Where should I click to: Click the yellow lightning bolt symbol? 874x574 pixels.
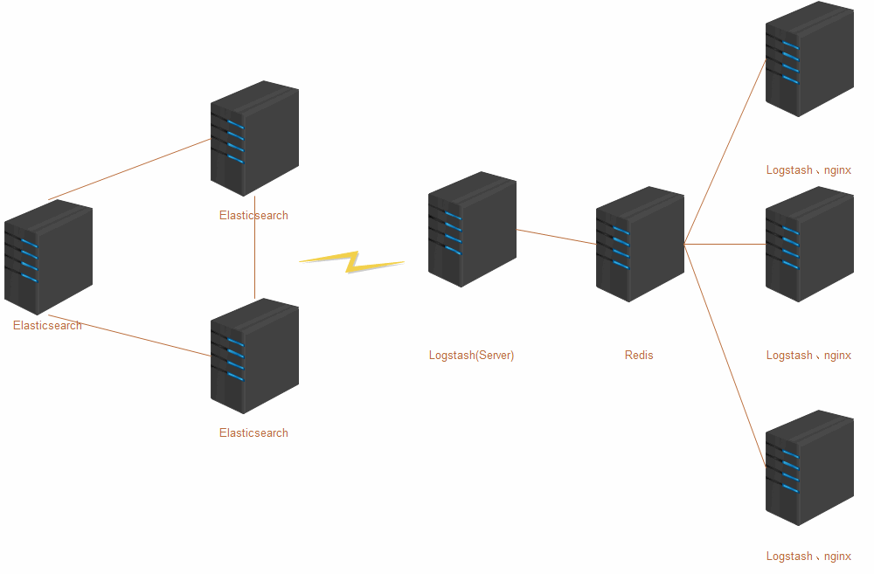[x=352, y=261]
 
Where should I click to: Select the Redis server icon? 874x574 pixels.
[x=640, y=244]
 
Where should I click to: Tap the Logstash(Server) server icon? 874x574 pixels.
[x=472, y=229]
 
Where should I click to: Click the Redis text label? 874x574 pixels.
[x=639, y=356]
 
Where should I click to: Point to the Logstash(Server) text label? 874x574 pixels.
[x=471, y=356]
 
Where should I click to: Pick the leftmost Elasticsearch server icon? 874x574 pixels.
[x=48, y=257]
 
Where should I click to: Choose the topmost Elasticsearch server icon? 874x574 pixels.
[x=254, y=138]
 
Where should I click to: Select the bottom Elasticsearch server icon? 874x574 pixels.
[x=254, y=356]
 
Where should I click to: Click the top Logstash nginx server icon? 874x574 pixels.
[x=809, y=59]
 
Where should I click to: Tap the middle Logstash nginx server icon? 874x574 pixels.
[x=809, y=244]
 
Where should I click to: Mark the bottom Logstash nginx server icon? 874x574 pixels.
[x=809, y=467]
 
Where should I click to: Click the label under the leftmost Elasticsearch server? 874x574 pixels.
[x=47, y=326]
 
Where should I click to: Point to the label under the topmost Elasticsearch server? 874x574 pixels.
[x=253, y=216]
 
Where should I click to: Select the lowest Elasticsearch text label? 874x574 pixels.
[x=253, y=433]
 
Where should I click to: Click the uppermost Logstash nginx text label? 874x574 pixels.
[x=808, y=170]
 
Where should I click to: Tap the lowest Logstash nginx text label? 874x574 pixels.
[x=808, y=557]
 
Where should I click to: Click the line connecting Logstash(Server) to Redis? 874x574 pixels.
[x=556, y=237]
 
